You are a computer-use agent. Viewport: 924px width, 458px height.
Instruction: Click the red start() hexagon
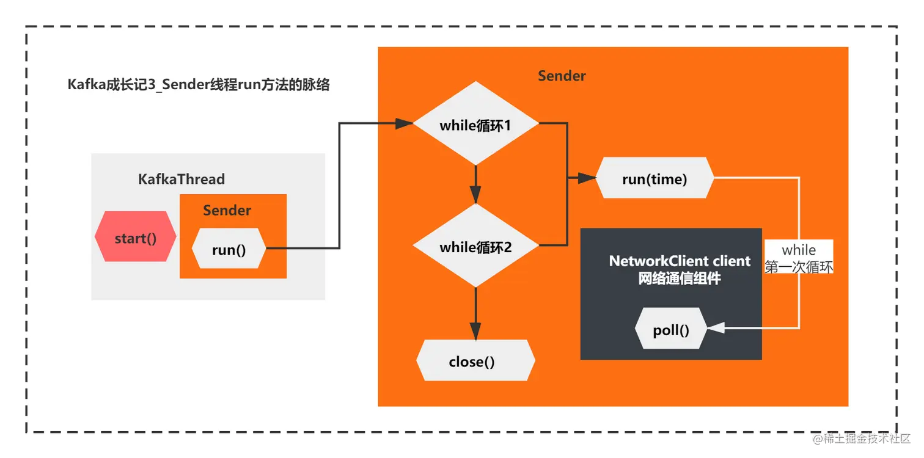click(136, 237)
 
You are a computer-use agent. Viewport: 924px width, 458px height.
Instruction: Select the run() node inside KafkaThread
click(229, 249)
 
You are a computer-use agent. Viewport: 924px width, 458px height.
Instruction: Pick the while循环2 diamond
click(475, 247)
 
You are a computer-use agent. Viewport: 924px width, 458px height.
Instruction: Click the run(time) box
click(654, 178)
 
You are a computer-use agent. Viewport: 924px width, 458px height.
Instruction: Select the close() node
click(475, 361)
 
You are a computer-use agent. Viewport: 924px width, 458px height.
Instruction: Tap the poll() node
click(671, 330)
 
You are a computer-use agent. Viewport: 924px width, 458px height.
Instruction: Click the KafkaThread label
click(182, 179)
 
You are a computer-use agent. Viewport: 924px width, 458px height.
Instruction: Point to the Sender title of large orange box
click(562, 76)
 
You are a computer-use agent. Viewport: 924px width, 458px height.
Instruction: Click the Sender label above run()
click(227, 211)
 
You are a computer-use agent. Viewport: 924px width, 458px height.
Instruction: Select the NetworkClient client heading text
click(680, 261)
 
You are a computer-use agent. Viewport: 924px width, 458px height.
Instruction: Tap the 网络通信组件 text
click(680, 278)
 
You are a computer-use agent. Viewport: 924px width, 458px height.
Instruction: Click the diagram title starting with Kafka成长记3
click(199, 85)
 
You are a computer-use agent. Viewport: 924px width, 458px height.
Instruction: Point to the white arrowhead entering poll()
click(716, 329)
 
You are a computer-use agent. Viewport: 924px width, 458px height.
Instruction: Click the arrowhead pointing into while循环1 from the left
click(405, 123)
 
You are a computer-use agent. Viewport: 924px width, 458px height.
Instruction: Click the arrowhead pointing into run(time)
click(588, 178)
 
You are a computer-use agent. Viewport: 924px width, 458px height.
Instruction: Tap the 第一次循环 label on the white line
click(799, 267)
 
